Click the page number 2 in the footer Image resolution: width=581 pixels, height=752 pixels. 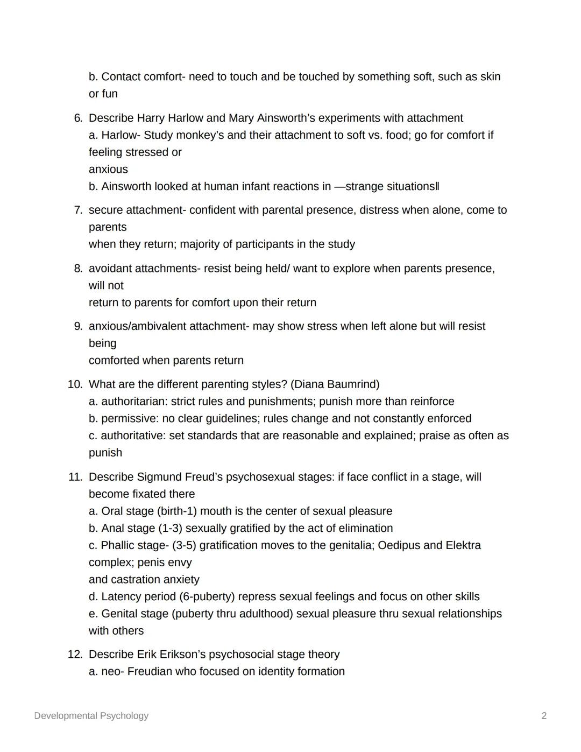tap(544, 715)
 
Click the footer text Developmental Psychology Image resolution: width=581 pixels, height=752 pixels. tap(91, 715)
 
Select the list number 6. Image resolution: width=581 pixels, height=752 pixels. tap(78, 118)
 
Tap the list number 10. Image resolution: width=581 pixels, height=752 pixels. tap(75, 384)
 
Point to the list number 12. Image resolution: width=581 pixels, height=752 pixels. tap(75, 655)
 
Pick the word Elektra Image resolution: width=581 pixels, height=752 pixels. tap(463, 545)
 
